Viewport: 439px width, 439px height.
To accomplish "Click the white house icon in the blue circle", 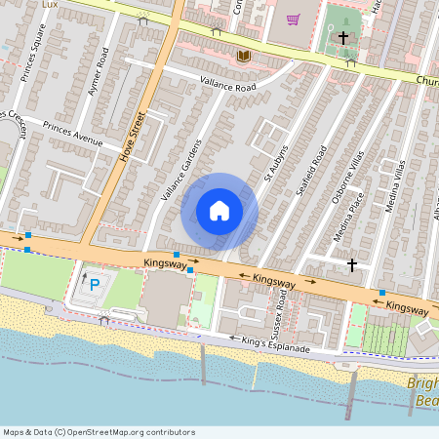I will point(219,211).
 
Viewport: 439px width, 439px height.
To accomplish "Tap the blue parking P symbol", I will point(95,285).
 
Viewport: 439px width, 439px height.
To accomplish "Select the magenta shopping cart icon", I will point(293,19).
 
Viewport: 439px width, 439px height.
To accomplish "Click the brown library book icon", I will point(244,57).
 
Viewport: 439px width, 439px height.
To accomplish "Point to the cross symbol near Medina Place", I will point(351,264).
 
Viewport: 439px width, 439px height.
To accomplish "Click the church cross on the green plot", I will point(343,38).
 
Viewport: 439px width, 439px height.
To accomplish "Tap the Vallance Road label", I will point(227,87).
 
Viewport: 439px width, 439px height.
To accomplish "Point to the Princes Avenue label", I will point(72,135).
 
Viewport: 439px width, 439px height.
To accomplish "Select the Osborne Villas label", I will point(347,177).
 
